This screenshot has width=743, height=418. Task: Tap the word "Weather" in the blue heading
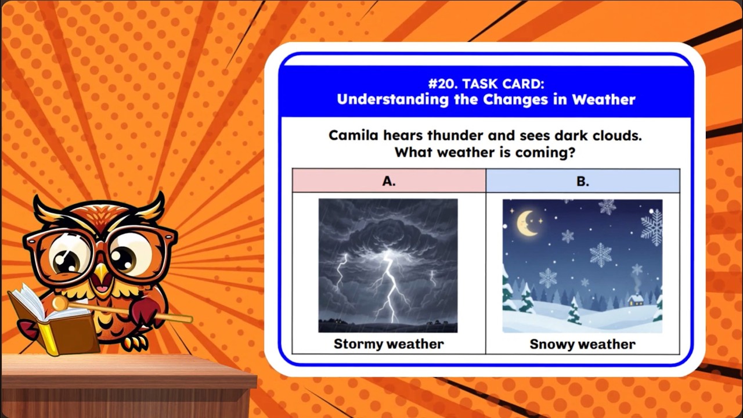click(604, 99)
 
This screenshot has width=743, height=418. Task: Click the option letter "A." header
click(389, 181)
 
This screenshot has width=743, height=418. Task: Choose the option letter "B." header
click(582, 181)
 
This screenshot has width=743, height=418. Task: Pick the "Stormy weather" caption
click(388, 344)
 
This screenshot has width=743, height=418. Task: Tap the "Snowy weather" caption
click(582, 344)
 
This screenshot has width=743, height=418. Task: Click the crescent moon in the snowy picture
click(526, 223)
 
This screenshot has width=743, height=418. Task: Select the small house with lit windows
click(636, 299)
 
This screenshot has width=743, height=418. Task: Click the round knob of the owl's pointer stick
click(59, 303)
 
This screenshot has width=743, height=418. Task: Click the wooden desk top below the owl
click(128, 372)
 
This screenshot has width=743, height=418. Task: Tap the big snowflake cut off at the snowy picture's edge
click(652, 226)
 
